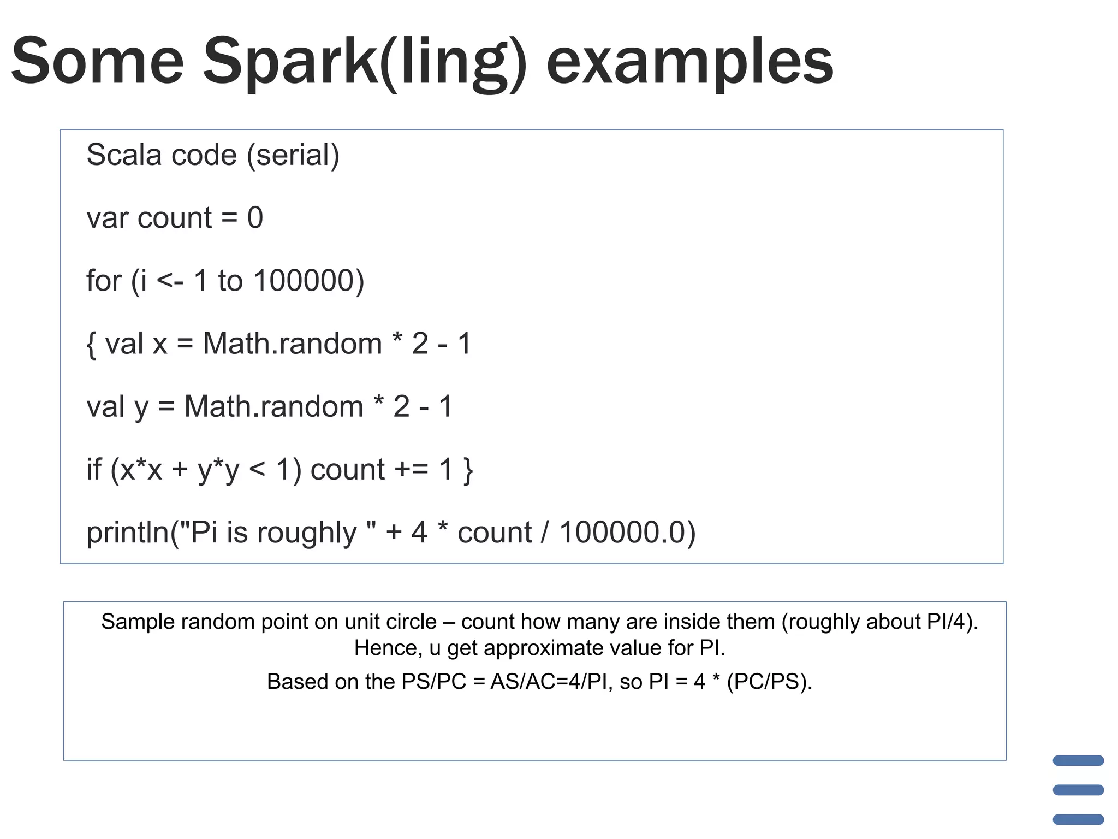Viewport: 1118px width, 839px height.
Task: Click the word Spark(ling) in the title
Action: click(365, 61)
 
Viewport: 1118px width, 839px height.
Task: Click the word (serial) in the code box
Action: click(293, 155)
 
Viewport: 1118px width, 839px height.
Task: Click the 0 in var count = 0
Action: click(255, 218)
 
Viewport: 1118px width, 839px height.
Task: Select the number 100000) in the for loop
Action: click(309, 281)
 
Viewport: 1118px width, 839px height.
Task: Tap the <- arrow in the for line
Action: click(170, 281)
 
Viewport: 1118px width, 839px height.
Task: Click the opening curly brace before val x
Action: click(91, 344)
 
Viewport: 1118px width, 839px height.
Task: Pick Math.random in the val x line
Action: click(292, 344)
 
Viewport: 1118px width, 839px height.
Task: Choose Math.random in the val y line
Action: click(273, 407)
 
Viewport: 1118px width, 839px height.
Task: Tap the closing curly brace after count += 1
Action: click(468, 470)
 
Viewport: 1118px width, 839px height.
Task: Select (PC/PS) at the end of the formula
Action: click(769, 682)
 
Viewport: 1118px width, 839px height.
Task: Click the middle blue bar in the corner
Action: click(1078, 790)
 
